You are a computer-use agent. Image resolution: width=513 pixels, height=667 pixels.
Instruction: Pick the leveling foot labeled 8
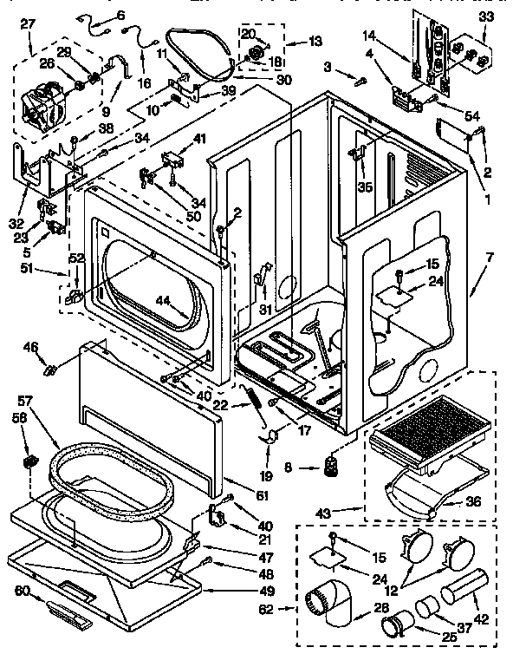pyautogui.click(x=329, y=467)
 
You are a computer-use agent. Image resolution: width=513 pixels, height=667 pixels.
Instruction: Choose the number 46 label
pyautogui.click(x=30, y=348)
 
